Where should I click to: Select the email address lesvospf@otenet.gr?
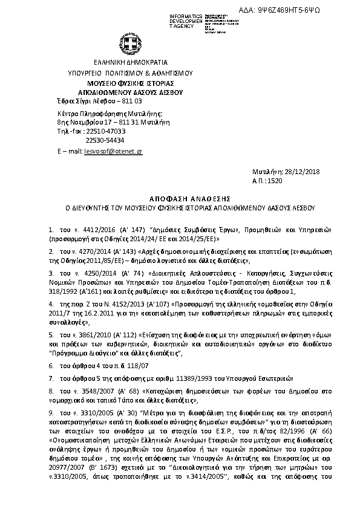click(113, 152)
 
